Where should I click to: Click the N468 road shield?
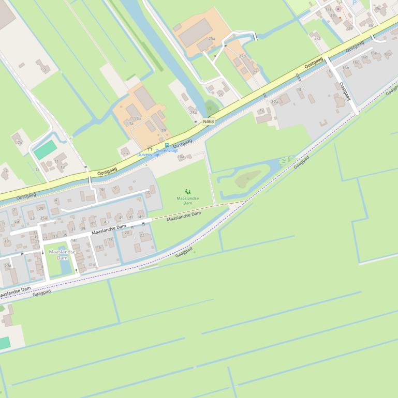coord(209,121)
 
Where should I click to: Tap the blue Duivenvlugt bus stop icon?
coord(167,145)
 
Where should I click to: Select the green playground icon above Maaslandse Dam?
coord(187,192)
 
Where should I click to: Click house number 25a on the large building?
coord(211,39)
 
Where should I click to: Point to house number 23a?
coord(193,112)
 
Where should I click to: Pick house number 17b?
coord(137,118)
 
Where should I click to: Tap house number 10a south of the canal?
coord(181,156)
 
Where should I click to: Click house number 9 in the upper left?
coord(45,69)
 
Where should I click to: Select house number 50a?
coord(7,265)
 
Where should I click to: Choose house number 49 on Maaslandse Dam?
coord(141,217)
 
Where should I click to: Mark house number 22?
coord(142,235)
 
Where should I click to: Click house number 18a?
coord(387,54)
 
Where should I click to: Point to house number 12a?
coord(275,102)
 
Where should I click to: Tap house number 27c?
coord(317,38)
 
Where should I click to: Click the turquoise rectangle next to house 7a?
coord(45,150)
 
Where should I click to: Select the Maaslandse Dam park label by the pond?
coord(62,254)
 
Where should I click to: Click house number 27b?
coord(242,56)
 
